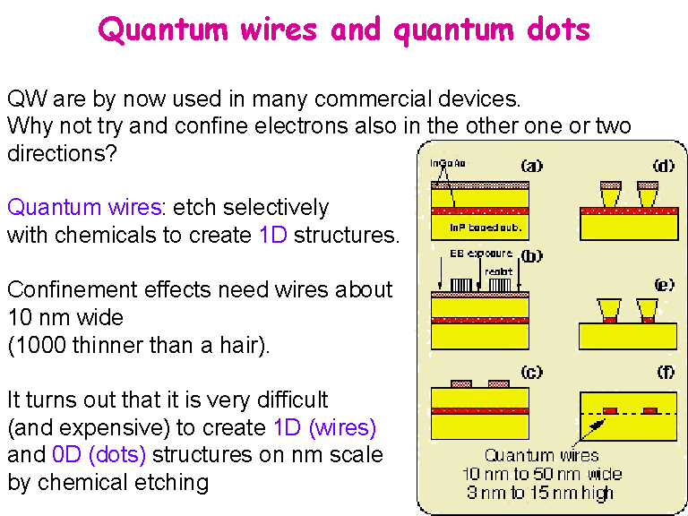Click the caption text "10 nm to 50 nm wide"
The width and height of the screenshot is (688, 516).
(x=541, y=474)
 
